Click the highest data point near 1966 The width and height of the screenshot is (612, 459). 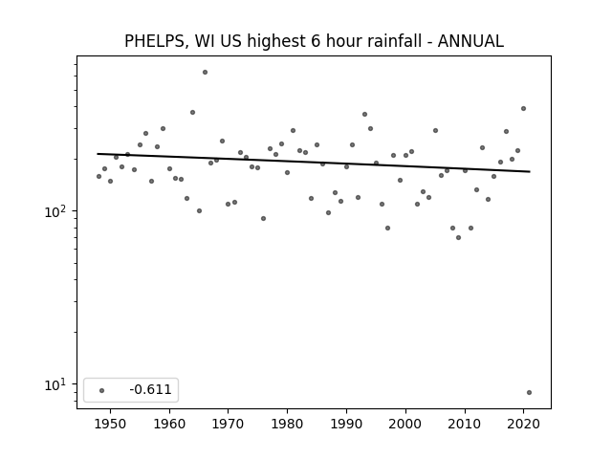pyautogui.click(x=205, y=73)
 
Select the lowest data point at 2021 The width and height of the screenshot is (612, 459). pyautogui.click(x=529, y=393)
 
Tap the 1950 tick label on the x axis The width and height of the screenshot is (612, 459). pyautogui.click(x=111, y=424)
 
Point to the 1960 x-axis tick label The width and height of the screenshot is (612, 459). pyautogui.click(x=169, y=424)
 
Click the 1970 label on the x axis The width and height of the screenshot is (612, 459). pyautogui.click(x=229, y=424)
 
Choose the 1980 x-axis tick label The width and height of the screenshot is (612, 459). pyautogui.click(x=287, y=424)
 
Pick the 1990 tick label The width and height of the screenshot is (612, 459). pyautogui.click(x=346, y=424)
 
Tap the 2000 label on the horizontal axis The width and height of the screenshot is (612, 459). pyautogui.click(x=405, y=424)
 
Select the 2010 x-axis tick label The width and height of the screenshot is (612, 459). pyautogui.click(x=465, y=424)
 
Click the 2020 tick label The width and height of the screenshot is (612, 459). pyautogui.click(x=523, y=424)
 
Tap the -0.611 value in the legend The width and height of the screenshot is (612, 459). pyautogui.click(x=151, y=389)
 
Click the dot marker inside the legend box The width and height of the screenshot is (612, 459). pyautogui.click(x=102, y=390)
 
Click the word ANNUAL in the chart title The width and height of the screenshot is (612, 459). pyautogui.click(x=470, y=41)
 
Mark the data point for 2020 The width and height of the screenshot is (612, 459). pyautogui.click(x=523, y=108)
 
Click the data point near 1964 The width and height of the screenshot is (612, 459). pyautogui.click(x=192, y=113)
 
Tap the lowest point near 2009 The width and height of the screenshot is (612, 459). pyautogui.click(x=459, y=238)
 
